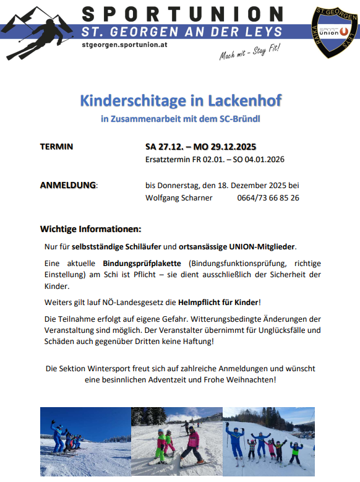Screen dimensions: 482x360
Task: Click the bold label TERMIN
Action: [56, 147]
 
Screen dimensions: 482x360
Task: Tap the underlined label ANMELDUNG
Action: [68, 185]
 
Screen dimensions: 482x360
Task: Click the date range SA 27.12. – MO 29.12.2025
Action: [201, 147]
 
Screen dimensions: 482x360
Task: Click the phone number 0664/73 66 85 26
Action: [268, 198]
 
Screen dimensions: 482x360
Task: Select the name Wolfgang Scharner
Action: [179, 198]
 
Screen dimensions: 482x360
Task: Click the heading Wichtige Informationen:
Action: [90, 228]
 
